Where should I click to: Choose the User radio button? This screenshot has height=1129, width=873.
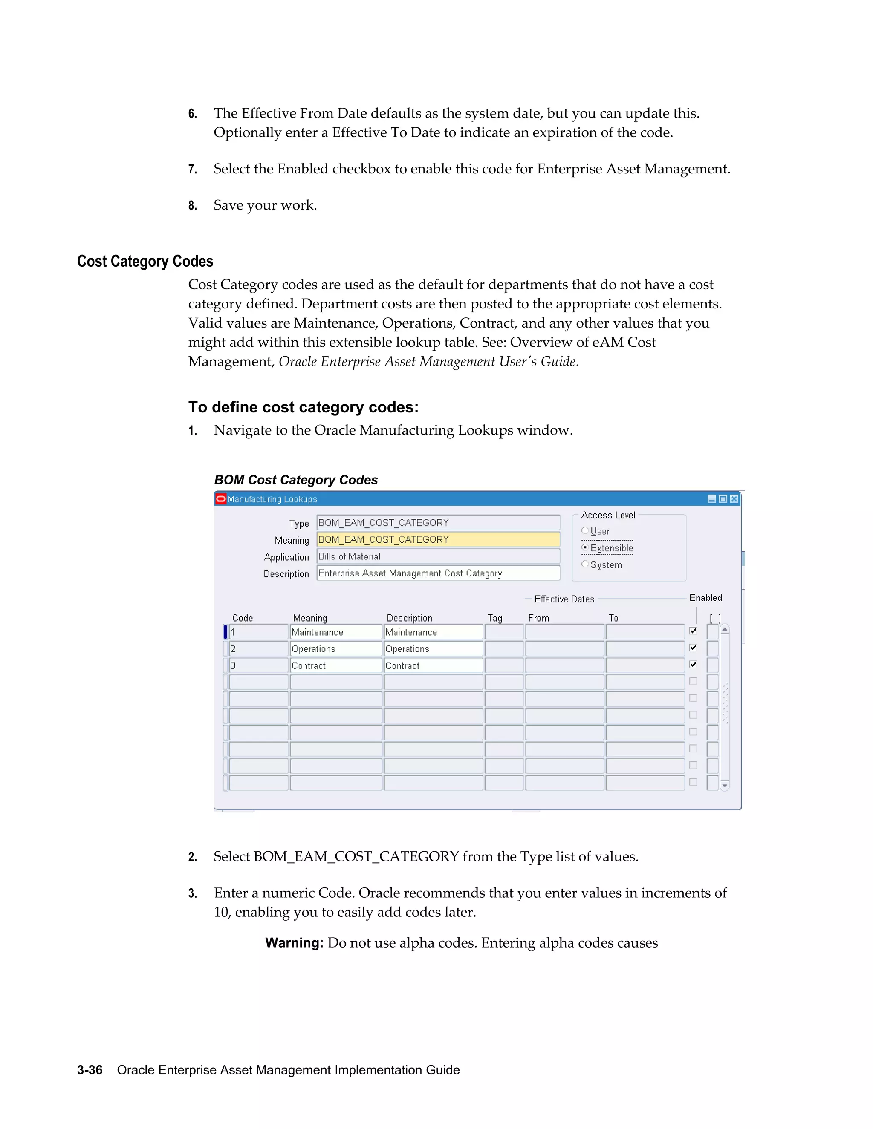pos(585,530)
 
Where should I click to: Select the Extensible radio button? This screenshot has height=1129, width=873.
pos(585,547)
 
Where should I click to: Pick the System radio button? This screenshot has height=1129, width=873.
pos(585,564)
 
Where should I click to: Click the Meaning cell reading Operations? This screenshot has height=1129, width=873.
pos(335,649)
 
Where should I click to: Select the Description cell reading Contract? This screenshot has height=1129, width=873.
pos(433,666)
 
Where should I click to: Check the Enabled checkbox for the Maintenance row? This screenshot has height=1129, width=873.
pos(693,631)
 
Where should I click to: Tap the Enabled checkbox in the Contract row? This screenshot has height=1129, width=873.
pos(693,664)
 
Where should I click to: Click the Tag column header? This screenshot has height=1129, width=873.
pos(494,618)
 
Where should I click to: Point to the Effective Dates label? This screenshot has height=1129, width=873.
pos(564,599)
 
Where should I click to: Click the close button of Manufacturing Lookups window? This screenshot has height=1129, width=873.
pos(734,499)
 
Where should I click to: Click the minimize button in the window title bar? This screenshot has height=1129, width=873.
pos(711,499)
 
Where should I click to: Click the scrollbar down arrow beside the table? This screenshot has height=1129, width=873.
pos(725,786)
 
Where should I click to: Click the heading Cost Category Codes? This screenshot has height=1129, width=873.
pos(145,262)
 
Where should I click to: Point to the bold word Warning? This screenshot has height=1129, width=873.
pos(294,943)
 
